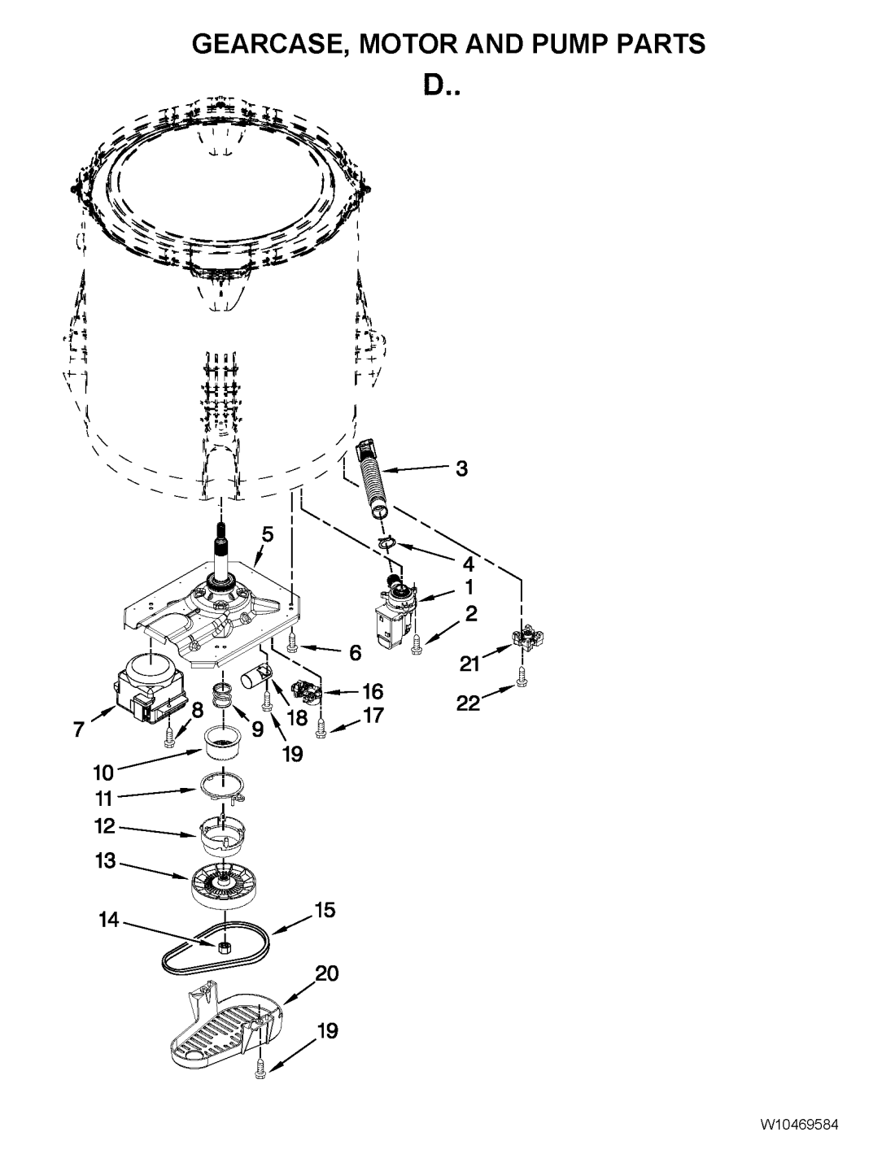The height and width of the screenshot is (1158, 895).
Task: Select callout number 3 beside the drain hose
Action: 461,469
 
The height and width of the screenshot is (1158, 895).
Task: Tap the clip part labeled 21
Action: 526,638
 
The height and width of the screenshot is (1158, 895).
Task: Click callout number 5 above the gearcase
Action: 267,534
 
